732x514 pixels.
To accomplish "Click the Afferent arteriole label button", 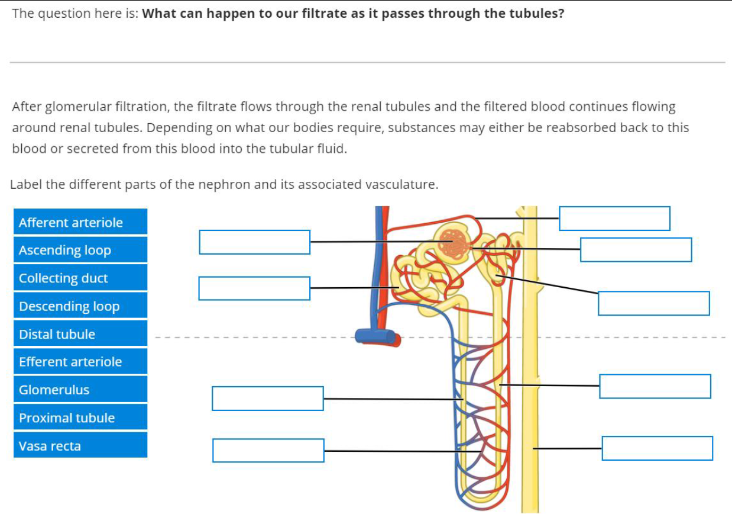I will tap(80, 222).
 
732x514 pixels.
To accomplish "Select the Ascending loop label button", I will tap(80, 250).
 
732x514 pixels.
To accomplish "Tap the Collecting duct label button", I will tap(80, 278).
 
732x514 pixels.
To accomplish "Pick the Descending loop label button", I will tap(80, 306).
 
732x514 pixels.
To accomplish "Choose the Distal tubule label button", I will tap(80, 334).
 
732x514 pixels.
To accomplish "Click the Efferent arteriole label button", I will tap(80, 362).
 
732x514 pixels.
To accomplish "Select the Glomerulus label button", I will tap(80, 390).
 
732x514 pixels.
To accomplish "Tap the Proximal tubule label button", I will tap(80, 417).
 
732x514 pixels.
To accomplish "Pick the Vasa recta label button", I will tap(80, 445).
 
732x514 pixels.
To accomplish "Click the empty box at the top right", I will tap(614, 219).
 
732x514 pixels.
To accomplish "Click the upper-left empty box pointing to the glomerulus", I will tap(254, 242).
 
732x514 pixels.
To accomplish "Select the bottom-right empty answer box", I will tap(657, 448).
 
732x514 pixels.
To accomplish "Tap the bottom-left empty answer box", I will tap(268, 451).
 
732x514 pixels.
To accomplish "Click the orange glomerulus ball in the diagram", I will tap(454, 242).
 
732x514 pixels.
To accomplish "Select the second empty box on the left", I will tap(254, 288).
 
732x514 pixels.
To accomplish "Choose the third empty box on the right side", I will tap(653, 303).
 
